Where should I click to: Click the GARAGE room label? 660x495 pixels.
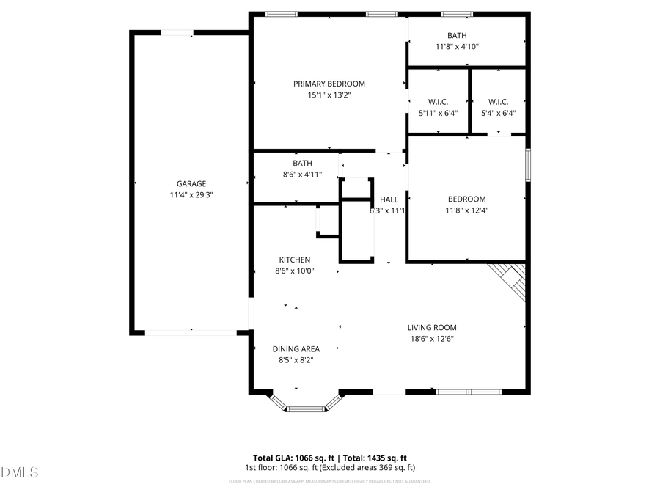coord(191,184)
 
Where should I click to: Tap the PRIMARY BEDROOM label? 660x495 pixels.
coord(329,84)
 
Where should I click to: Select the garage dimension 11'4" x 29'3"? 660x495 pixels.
coord(191,195)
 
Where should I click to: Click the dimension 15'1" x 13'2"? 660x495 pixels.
coord(329,95)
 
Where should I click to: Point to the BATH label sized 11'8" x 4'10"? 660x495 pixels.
coord(457,35)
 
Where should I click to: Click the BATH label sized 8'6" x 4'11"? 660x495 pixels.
coord(302,164)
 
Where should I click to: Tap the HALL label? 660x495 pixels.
coord(389,199)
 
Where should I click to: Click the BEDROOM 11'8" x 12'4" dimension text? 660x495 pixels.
coord(467,210)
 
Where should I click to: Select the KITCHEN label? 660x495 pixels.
coord(294,260)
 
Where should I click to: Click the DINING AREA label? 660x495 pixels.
coord(296,349)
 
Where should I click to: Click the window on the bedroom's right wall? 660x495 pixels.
coord(527,165)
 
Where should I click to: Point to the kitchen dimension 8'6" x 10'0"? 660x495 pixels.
coord(294,271)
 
